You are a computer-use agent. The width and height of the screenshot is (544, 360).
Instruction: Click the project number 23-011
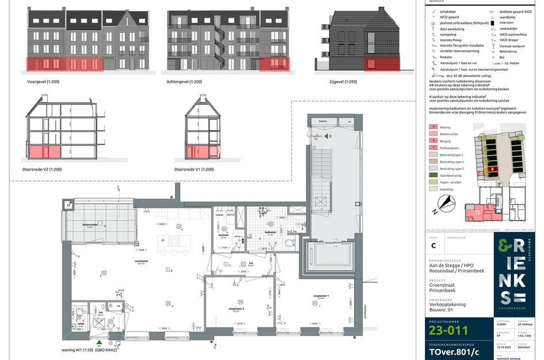[448, 330]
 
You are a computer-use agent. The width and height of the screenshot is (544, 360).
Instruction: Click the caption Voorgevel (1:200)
[43, 82]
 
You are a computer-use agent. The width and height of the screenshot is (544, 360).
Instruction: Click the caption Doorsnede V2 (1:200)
[47, 169]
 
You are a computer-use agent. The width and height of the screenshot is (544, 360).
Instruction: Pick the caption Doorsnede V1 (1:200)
[194, 169]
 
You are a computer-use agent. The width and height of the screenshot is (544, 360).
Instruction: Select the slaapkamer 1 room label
[321, 296]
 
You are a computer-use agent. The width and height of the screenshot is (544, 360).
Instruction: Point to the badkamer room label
[271, 233]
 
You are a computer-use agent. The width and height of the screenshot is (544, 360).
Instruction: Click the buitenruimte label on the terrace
[89, 225]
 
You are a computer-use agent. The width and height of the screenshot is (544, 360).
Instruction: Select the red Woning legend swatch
[433, 127]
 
